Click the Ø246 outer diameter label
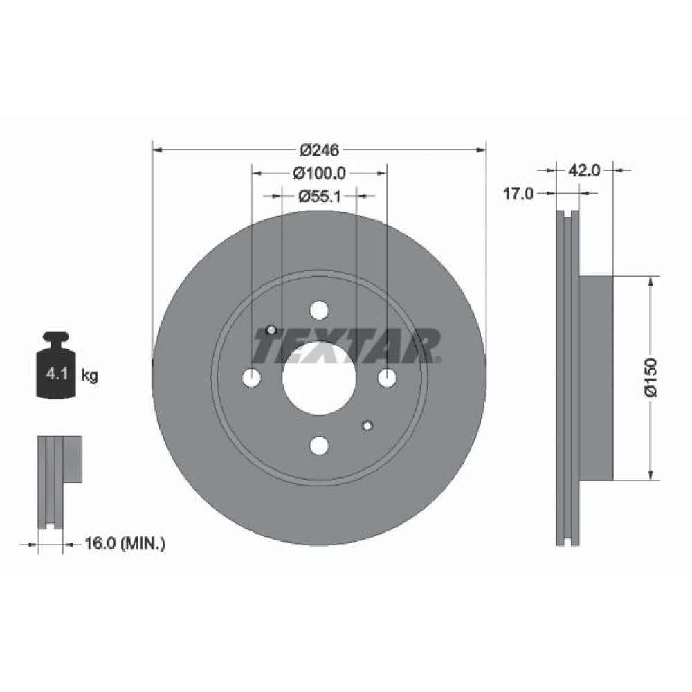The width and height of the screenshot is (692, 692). (319, 150)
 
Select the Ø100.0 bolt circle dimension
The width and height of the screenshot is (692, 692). (319, 173)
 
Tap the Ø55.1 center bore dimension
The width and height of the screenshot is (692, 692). (319, 196)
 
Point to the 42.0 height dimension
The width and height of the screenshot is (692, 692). (584, 170)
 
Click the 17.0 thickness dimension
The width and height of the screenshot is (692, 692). (519, 193)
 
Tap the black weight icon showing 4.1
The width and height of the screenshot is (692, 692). (56, 365)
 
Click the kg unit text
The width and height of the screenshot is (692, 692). (89, 376)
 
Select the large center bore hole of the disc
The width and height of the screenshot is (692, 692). (319, 379)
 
